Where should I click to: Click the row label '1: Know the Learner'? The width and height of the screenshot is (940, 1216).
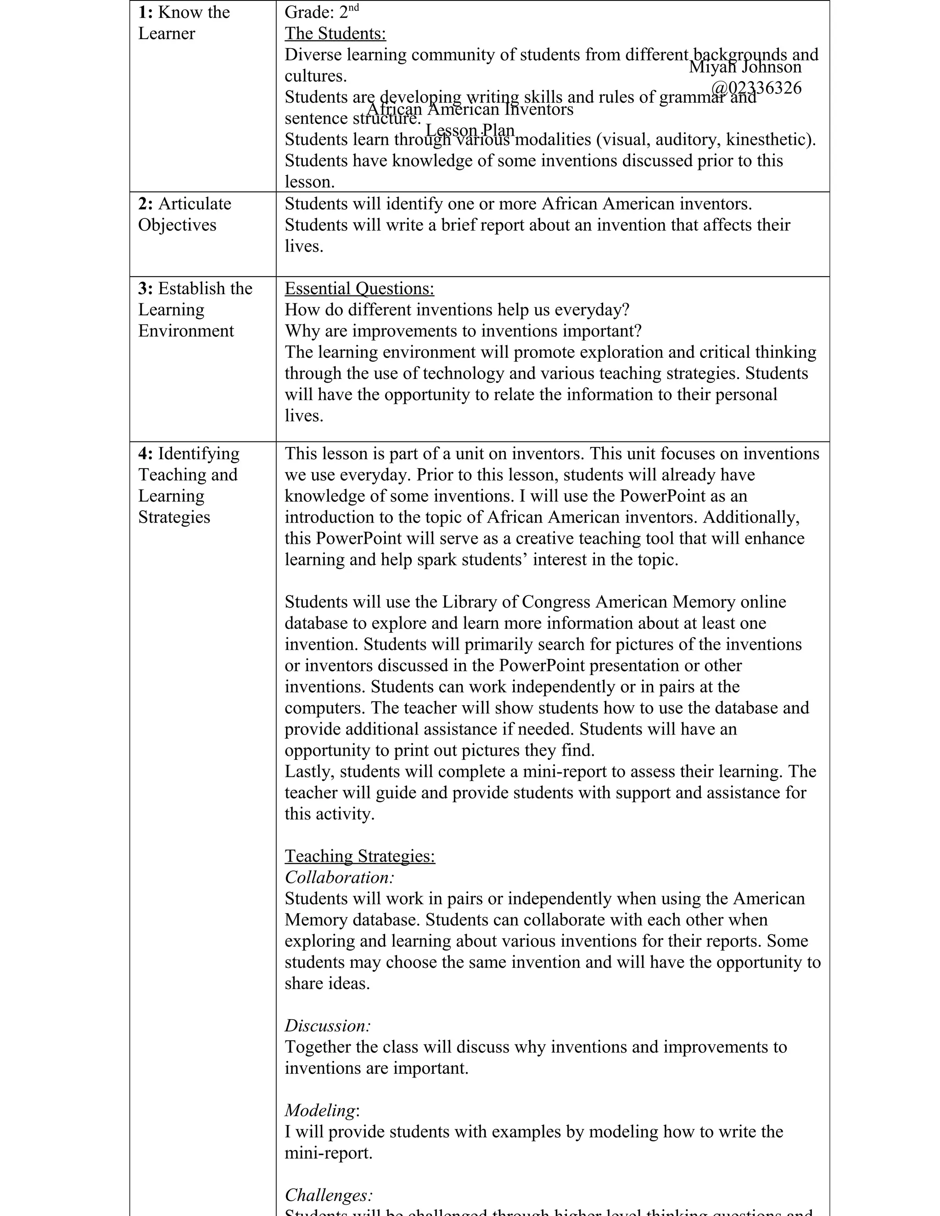tap(184, 23)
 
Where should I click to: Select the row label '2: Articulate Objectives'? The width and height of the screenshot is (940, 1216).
tap(185, 214)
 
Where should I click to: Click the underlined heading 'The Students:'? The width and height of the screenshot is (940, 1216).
tap(335, 34)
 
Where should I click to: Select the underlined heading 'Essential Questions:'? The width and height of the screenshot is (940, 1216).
tap(359, 289)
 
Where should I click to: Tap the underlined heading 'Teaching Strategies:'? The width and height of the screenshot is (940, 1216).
tap(360, 856)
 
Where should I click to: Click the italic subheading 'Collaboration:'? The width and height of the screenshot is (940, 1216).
tap(339, 877)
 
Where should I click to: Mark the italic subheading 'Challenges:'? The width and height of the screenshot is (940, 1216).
tap(329, 1195)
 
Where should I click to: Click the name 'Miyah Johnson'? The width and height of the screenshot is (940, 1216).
tap(745, 67)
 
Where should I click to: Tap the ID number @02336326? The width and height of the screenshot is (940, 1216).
tap(756, 88)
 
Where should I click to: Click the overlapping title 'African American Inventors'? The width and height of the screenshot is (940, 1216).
tap(470, 109)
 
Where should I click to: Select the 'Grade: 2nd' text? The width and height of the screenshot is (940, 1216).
tap(321, 12)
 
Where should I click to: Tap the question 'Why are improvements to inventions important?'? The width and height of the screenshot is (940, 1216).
tap(463, 331)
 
